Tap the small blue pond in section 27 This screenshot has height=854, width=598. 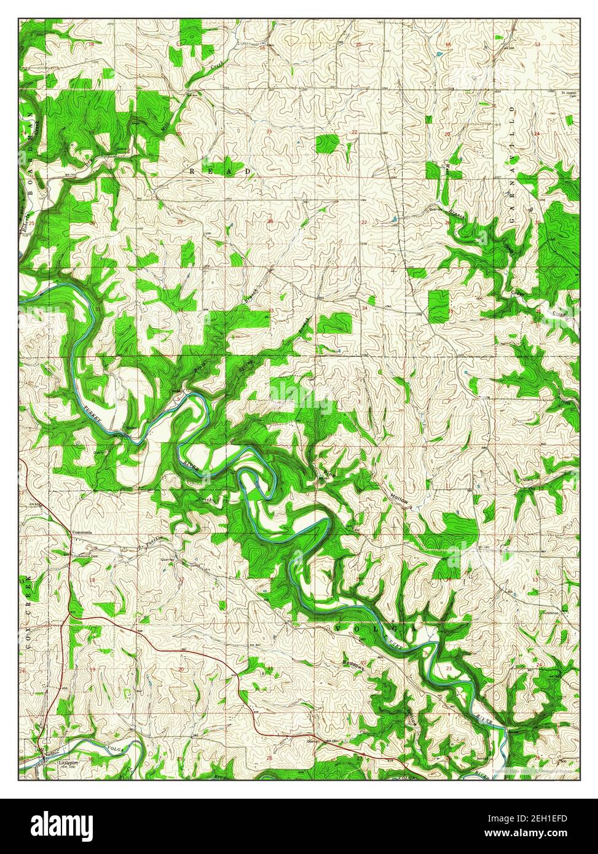[x=392, y=219]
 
